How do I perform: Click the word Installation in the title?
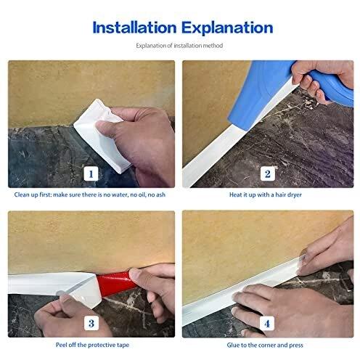coord(134,28)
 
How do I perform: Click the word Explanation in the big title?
coord(227,28)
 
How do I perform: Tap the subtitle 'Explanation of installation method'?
coord(179,46)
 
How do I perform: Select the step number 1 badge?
coord(91,173)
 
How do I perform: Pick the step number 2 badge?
coord(267,173)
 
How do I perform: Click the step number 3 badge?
coord(91,323)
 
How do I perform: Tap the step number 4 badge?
coord(267,323)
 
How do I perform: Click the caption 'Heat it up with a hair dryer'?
coord(266,195)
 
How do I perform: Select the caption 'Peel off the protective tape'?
coord(92,345)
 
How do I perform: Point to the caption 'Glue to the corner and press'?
coord(265,345)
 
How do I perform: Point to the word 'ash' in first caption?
coord(160,195)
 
